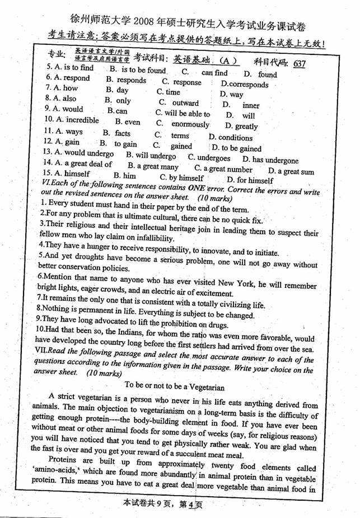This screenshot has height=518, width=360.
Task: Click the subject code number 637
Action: (x=298, y=64)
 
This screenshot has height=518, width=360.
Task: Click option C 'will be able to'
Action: (x=179, y=113)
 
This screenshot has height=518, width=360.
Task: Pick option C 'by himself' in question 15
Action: (x=182, y=178)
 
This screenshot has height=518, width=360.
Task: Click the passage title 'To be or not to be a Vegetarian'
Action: (x=174, y=386)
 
